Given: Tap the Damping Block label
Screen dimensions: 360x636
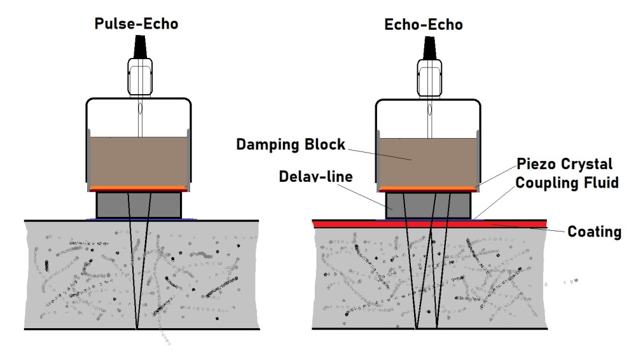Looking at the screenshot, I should (291, 144).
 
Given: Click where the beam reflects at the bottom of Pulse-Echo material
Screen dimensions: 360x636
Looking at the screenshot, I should (137, 328).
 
